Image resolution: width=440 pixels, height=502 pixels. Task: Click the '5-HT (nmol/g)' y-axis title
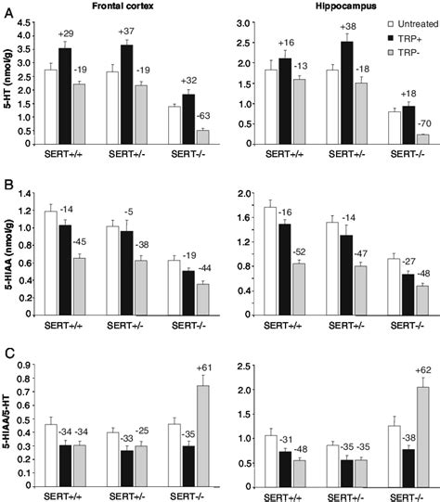[x=7, y=89]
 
